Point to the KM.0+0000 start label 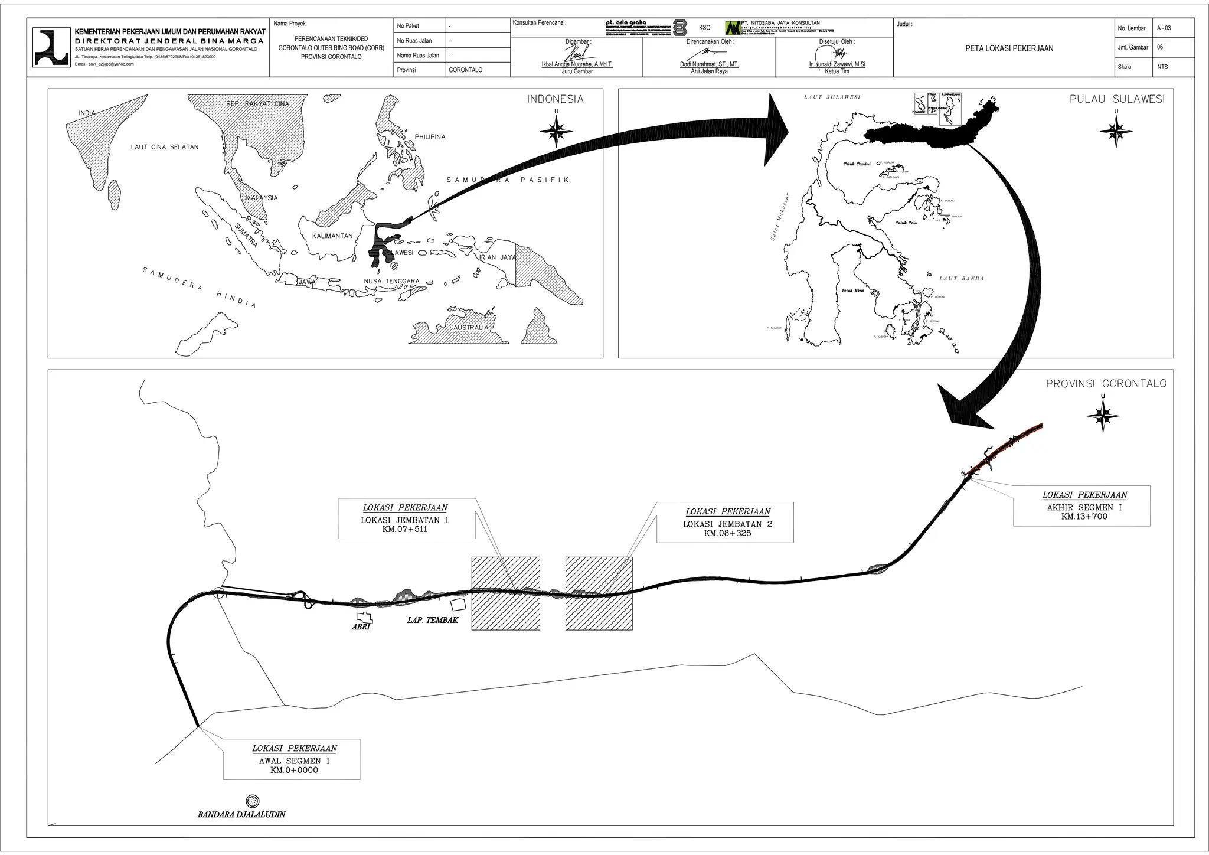pos(294,770)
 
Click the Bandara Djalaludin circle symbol pos(253,801)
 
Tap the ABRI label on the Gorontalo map pos(361,627)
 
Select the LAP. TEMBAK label pos(432,621)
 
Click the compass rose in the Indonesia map pos(556,132)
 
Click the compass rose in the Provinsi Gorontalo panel pos(1103,416)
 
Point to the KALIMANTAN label pos(332,236)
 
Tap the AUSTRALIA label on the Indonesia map pos(470,328)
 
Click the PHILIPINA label pos(430,137)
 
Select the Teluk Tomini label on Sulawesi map pos(857,164)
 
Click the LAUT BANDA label pos(962,279)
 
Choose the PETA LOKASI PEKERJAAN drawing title pos(1009,49)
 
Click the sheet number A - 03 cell pos(1164,28)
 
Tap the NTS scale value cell pos(1162,67)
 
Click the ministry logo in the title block pos(51,47)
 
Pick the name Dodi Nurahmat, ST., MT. pos(709,64)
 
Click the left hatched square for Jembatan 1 pos(505,593)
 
